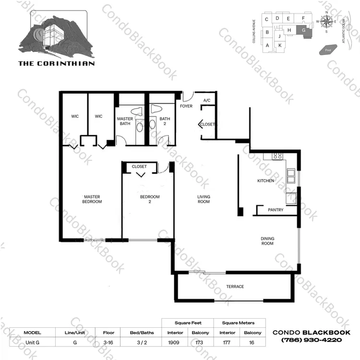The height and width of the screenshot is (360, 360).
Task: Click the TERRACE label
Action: pos(235,286)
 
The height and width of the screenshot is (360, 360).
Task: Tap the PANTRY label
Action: pos(276,210)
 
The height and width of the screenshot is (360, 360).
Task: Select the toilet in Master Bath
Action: pos(137,111)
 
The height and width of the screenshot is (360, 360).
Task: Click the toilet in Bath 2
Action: pos(157,109)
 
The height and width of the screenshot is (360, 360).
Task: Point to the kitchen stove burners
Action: pos(277,156)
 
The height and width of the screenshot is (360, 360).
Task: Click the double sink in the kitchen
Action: pos(291,176)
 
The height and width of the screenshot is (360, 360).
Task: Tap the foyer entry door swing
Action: pos(189,97)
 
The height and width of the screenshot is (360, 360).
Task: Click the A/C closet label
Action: pos(206,100)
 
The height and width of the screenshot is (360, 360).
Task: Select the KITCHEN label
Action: pos(265,181)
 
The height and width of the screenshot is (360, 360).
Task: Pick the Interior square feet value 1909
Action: pos(174,343)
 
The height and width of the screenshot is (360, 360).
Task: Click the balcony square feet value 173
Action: pos(199,343)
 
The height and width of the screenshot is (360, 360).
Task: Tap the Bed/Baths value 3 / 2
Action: pos(142,343)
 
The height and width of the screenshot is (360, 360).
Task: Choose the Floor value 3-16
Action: pos(108,343)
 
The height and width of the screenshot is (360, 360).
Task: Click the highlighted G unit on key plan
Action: pos(304,31)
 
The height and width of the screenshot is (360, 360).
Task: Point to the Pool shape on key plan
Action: pos(328,50)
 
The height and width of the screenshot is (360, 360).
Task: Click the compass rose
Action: pos(326,22)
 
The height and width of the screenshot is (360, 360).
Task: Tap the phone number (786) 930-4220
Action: pos(312,340)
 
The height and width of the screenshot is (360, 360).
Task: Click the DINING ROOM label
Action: pos(267,241)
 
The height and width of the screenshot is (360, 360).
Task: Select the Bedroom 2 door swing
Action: pos(164,168)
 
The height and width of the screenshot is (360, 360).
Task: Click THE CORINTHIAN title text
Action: pos(57,63)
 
